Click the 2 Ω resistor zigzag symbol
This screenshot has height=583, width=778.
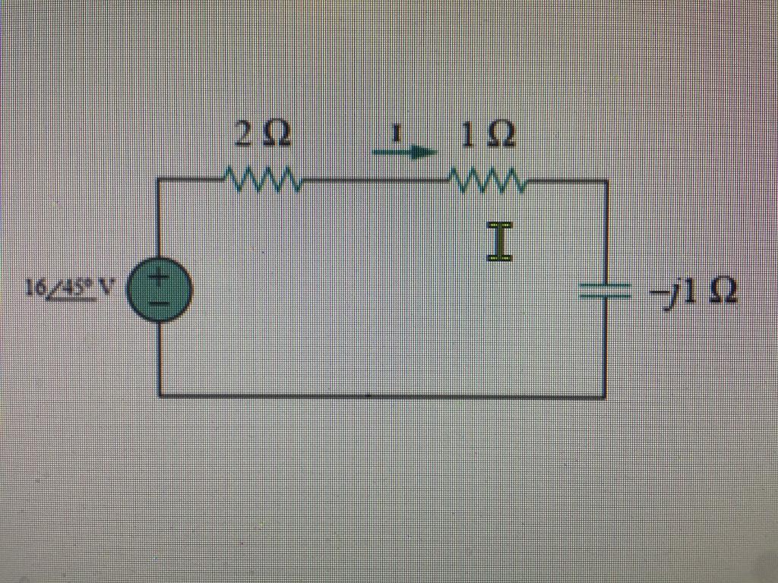point(263,180)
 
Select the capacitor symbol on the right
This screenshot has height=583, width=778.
point(605,289)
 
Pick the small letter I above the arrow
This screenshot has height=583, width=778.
point(396,134)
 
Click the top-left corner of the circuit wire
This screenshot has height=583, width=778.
point(158,180)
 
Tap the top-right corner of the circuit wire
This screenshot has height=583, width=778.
point(606,181)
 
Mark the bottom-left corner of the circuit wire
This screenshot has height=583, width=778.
point(160,395)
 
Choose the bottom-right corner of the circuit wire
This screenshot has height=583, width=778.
point(605,395)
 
